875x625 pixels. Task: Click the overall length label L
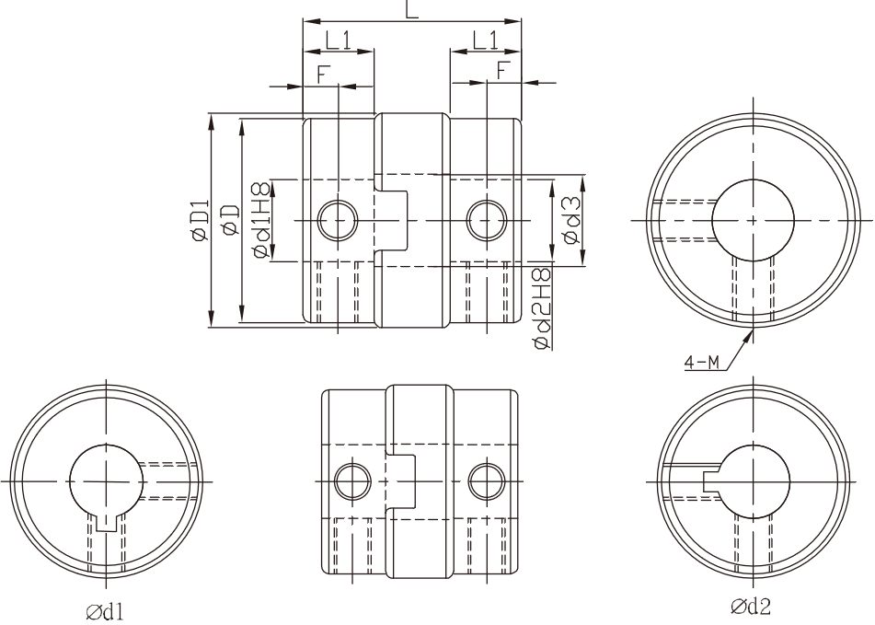412,9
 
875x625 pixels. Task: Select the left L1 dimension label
339,41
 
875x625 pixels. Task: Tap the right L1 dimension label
486,41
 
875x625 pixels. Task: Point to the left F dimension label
322,75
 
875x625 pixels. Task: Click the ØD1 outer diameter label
200,221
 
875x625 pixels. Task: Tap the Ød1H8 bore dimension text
263,219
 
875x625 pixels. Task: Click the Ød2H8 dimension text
542,308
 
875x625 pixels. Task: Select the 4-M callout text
701,364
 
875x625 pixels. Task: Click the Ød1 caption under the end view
105,611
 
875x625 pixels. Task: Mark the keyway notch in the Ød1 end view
106,523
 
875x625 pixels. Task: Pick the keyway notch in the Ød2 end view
711,481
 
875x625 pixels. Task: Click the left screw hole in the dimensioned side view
338,220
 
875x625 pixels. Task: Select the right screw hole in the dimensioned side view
487,220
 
